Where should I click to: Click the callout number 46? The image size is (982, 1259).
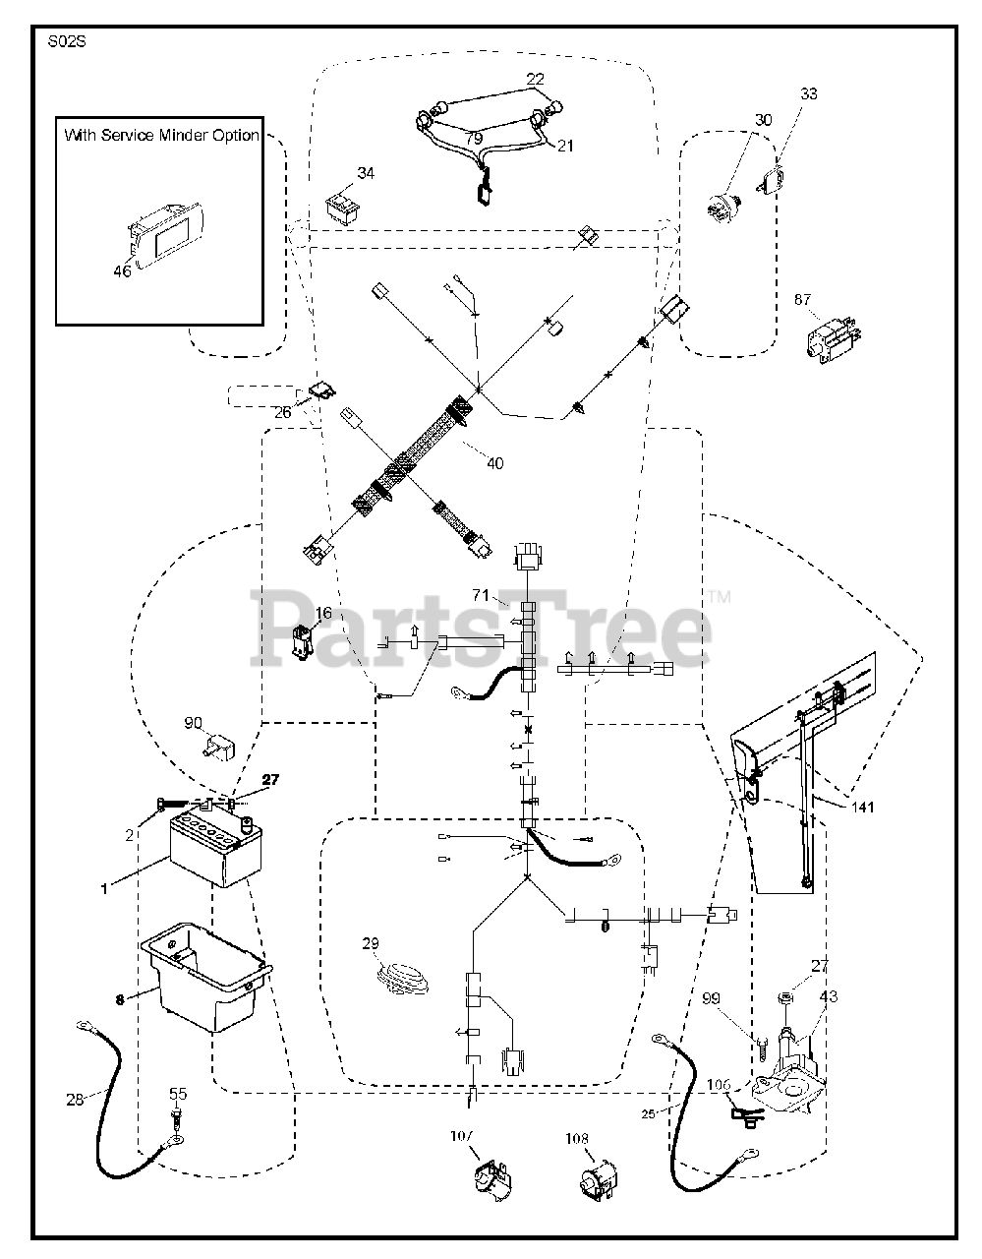122,271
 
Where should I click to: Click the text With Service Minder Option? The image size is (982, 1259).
162,135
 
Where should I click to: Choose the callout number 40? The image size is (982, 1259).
494,463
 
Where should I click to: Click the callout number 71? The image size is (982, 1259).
481,595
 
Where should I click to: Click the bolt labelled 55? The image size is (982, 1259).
176,1118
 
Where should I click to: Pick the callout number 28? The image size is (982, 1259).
75,1100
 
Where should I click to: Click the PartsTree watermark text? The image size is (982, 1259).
482,627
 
